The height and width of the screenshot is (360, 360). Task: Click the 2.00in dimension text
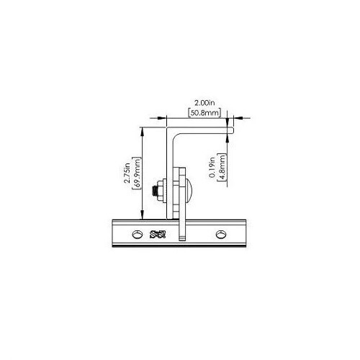[204, 104]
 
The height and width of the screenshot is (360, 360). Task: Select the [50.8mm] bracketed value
[204, 113]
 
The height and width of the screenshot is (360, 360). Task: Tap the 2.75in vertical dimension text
[127, 173]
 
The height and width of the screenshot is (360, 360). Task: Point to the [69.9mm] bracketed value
[137, 173]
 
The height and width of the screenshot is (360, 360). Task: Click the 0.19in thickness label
[212, 168]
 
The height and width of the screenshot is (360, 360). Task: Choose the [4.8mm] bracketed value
[222, 168]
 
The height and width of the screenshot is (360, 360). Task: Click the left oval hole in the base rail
[137, 234]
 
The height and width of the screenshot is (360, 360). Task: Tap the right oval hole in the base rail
[220, 234]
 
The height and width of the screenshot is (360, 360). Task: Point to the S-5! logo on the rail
[158, 235]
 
